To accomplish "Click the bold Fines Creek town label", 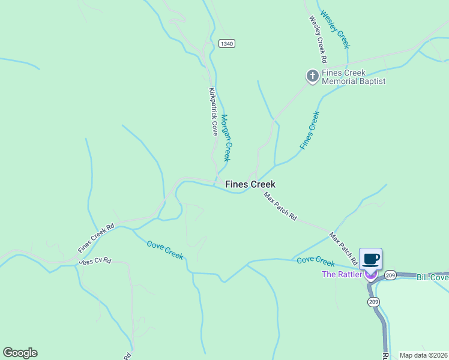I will click(x=250, y=185).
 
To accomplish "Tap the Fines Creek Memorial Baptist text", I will click(x=353, y=77).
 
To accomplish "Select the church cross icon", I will click(x=312, y=76).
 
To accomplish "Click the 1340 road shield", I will click(x=226, y=44).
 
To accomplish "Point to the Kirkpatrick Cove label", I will click(x=212, y=112).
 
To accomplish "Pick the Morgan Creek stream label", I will click(x=226, y=138).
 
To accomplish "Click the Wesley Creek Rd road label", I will click(x=318, y=40).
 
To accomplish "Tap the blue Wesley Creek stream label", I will click(x=335, y=29).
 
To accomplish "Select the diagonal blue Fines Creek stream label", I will click(x=309, y=130).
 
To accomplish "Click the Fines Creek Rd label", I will click(x=96, y=238).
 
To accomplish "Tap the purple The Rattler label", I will click(x=342, y=275).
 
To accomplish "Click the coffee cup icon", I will click(x=370, y=259).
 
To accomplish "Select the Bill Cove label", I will click(x=432, y=277).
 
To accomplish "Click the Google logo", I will click(x=20, y=353).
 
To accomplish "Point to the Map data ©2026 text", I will click(x=423, y=355).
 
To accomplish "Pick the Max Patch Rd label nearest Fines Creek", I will click(x=280, y=206).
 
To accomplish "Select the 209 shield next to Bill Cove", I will click(x=391, y=275).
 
